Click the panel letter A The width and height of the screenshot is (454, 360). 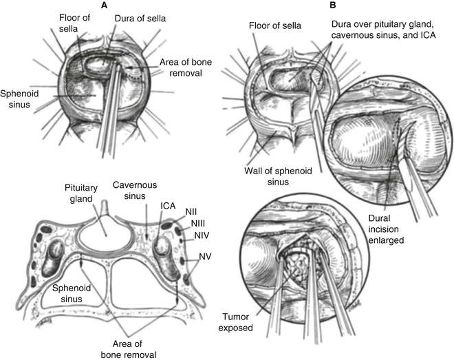(x=104, y=5)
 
